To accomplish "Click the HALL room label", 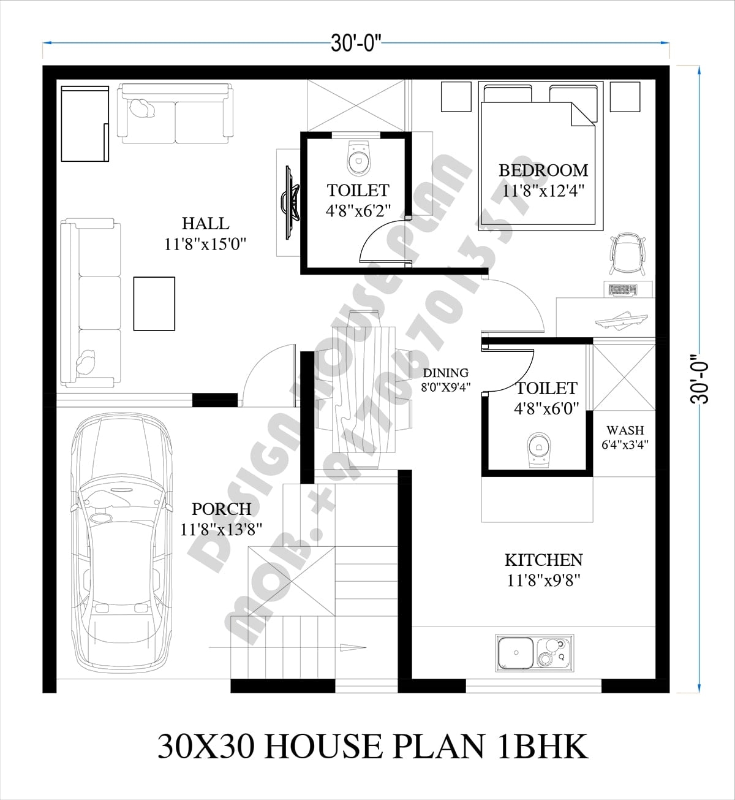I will click(206, 223).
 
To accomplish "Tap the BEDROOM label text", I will click(543, 170).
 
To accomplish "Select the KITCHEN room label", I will click(543, 560).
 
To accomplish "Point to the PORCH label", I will click(221, 509).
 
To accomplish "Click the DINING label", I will click(446, 373).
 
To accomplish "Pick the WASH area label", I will click(625, 430).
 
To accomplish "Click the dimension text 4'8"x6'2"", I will click(358, 211).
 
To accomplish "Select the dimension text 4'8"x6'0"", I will click(546, 409).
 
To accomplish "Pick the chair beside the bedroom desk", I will click(627, 252).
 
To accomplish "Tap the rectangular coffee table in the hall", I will click(154, 304).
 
